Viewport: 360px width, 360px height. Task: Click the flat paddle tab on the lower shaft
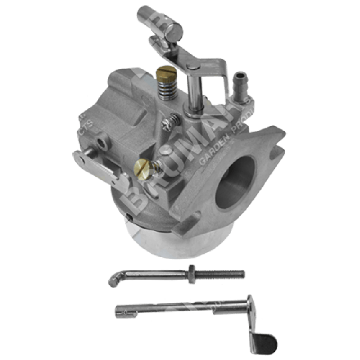click(263, 344)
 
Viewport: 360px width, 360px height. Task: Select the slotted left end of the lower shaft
click(120, 310)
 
